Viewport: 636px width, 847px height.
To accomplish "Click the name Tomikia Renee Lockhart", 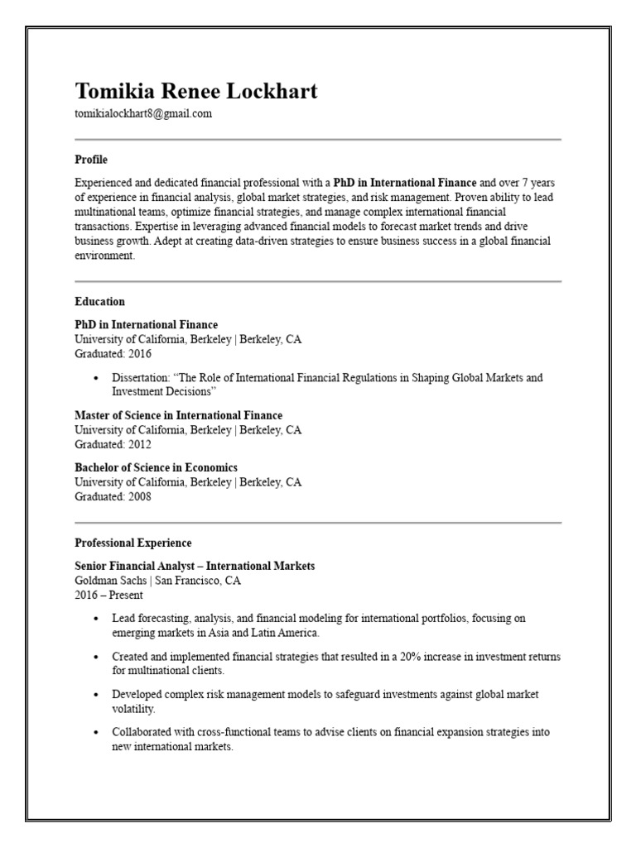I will pyautogui.click(x=195, y=91).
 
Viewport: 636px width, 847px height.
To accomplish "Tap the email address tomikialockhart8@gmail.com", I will pyautogui.click(x=142, y=114).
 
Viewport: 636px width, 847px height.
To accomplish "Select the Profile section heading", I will pyautogui.click(x=91, y=159).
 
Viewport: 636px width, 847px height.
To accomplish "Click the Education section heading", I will pyautogui.click(x=99, y=302).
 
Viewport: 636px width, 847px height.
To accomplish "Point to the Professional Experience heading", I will pyautogui.click(x=132, y=543).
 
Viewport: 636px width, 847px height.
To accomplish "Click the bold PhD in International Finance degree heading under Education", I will pyautogui.click(x=146, y=324).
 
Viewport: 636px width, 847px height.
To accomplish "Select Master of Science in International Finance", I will pyautogui.click(x=178, y=415).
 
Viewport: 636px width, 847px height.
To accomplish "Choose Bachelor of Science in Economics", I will pyautogui.click(x=156, y=467).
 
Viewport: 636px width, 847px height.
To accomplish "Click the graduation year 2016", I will pyautogui.click(x=138, y=353).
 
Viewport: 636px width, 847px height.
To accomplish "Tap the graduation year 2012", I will pyautogui.click(x=138, y=444).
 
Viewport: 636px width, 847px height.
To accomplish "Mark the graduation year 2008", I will pyautogui.click(x=138, y=496).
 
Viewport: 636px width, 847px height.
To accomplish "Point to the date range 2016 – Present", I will pyautogui.click(x=108, y=595).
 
